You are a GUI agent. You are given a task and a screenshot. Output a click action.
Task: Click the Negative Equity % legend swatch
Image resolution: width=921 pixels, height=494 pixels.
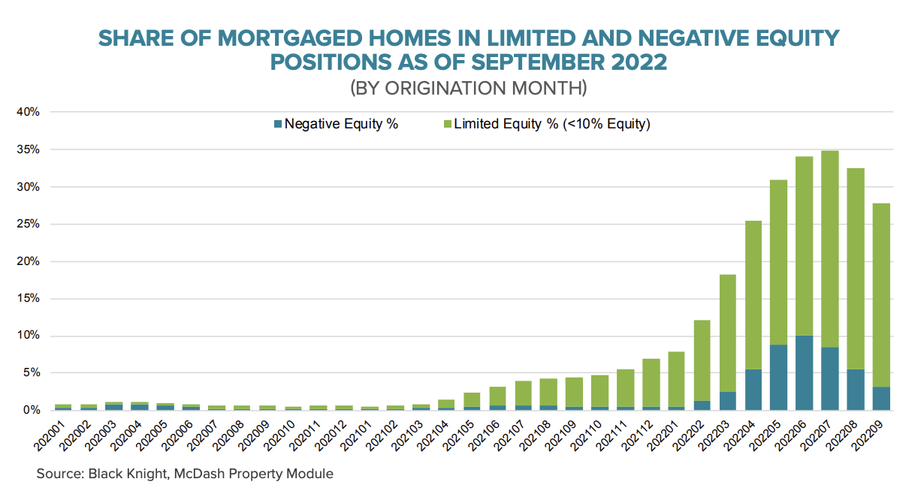[x=278, y=125]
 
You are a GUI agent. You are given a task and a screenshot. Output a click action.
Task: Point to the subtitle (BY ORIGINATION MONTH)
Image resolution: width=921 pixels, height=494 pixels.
[x=468, y=87]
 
